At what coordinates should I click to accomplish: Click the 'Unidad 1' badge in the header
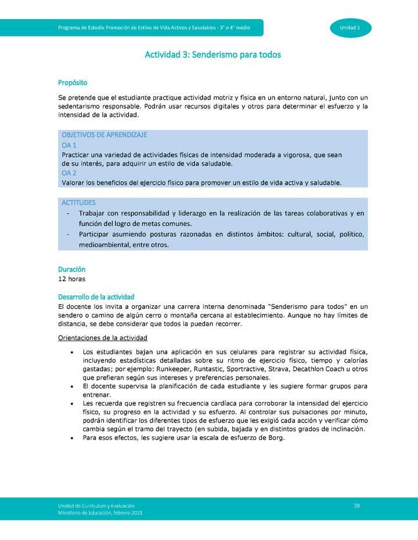(351, 28)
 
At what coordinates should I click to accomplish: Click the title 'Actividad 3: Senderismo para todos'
(212, 55)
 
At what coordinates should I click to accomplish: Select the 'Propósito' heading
(73, 83)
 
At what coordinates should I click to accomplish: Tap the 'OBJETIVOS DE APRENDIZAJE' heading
(104, 135)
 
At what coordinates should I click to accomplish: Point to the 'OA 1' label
(69, 145)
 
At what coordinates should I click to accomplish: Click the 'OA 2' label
(69, 173)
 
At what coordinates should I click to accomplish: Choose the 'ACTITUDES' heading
(78, 203)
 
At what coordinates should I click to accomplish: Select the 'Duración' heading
(71, 269)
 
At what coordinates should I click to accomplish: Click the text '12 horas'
(72, 279)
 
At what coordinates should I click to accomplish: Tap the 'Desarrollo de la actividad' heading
(96, 297)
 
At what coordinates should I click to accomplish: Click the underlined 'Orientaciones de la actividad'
(103, 338)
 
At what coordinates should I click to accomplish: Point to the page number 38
(357, 506)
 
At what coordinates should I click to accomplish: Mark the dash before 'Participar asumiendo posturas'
(69, 235)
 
